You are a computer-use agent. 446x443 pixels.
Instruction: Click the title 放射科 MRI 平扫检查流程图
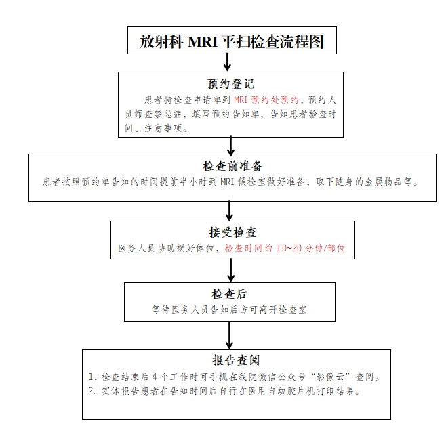[x=232, y=41]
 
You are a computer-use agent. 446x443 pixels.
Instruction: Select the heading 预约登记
[x=230, y=84]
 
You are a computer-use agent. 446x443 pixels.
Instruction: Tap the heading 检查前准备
[x=232, y=166]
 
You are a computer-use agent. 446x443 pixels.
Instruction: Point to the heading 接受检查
[x=233, y=232]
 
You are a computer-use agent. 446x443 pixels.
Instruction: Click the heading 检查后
[x=229, y=294]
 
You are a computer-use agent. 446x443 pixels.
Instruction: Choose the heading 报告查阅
[x=236, y=360]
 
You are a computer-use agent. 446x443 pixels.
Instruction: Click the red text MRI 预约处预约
[x=266, y=100]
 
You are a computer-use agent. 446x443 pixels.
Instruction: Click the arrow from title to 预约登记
[x=227, y=62]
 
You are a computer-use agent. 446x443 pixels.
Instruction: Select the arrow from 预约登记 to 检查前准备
[x=230, y=146]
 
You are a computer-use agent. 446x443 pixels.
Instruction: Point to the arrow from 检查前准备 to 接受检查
[x=229, y=211]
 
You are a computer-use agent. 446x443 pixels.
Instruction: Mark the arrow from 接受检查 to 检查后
[x=230, y=270]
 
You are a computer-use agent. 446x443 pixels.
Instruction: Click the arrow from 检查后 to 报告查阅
[x=229, y=335]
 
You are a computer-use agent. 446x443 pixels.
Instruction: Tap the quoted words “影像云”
[x=331, y=377]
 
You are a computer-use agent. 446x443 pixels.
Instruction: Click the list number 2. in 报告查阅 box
[x=92, y=392]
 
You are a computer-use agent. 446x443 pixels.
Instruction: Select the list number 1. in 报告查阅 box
[x=93, y=377]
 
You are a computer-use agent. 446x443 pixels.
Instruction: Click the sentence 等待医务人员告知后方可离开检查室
[x=229, y=310]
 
